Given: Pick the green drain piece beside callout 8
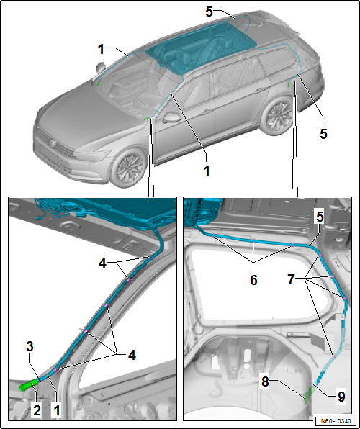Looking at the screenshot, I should click(310, 392).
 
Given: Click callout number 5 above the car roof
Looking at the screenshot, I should click(210, 11).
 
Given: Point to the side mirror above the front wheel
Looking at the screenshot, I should click(172, 117).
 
